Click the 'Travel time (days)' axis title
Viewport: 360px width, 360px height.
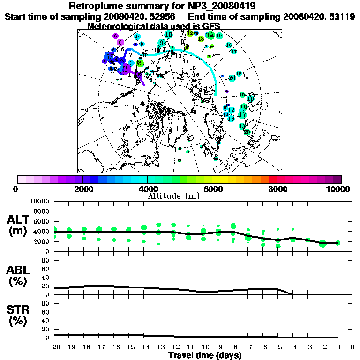pos(205,355)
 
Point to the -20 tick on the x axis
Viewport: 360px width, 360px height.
pos(54,347)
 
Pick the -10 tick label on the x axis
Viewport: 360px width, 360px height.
pos(203,347)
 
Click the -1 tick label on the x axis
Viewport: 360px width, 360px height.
pos(337,347)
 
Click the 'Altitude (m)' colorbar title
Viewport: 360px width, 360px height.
pos(173,195)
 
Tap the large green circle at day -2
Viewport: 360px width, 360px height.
pos(322,243)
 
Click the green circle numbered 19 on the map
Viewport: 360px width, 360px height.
pos(250,99)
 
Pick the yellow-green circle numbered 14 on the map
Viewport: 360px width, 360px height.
pos(210,36)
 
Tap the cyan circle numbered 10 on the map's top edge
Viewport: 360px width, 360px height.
pos(168,35)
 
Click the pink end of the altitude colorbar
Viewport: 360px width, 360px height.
pos(21,179)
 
